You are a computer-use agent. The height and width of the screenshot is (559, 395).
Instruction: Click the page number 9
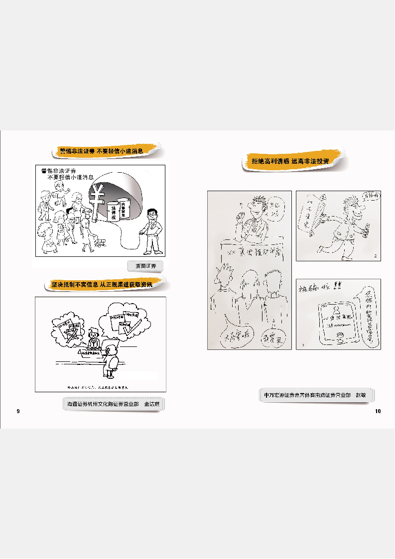[x=18, y=411]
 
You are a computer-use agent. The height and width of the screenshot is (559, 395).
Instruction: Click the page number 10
[x=378, y=411]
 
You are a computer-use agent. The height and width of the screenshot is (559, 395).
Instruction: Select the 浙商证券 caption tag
[x=145, y=266]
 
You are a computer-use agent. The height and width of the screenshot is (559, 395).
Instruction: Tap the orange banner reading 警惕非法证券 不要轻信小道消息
[x=106, y=150]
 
